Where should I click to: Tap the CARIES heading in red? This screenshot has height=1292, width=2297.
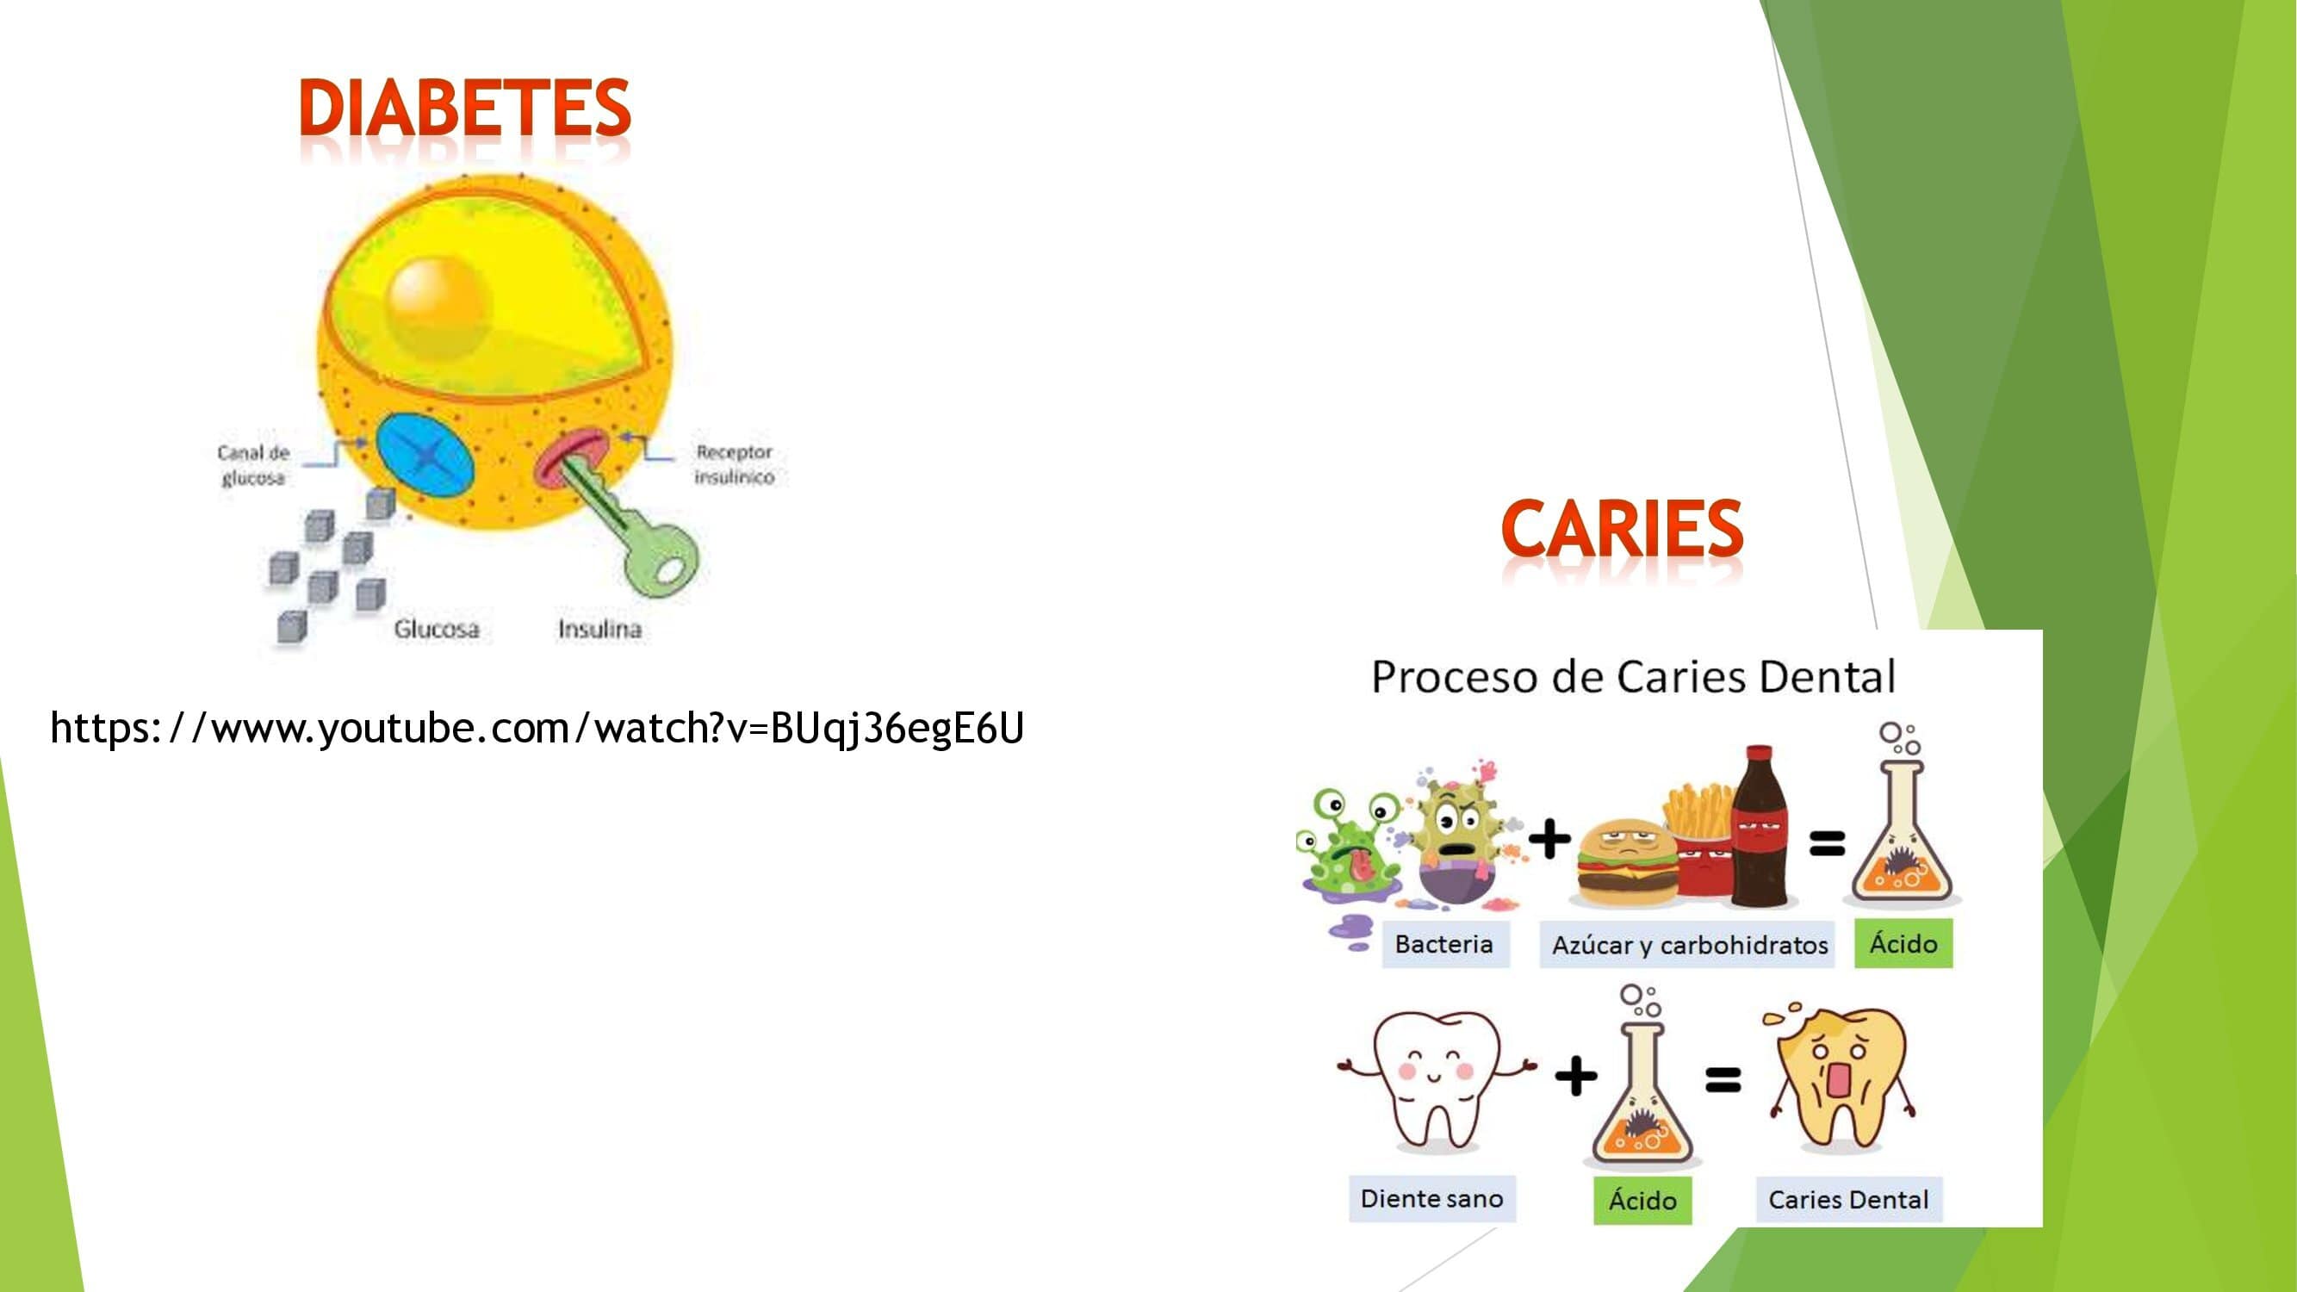click(1622, 528)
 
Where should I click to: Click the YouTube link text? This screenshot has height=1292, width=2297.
click(537, 729)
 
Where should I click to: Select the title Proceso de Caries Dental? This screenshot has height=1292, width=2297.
click(1634, 677)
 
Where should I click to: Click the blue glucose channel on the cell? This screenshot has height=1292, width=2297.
click(425, 456)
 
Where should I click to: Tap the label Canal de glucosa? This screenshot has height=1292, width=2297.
click(253, 464)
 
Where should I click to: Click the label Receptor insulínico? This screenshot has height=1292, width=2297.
click(734, 463)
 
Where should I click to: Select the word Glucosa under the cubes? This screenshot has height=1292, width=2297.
click(436, 630)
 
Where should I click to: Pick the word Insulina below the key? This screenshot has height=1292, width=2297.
click(599, 630)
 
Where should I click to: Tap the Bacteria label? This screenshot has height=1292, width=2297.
click(1444, 943)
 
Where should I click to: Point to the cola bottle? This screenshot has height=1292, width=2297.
click(1761, 827)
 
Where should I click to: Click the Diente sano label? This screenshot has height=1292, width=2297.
click(1432, 1198)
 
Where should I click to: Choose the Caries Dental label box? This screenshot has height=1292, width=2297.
click(1848, 1199)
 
